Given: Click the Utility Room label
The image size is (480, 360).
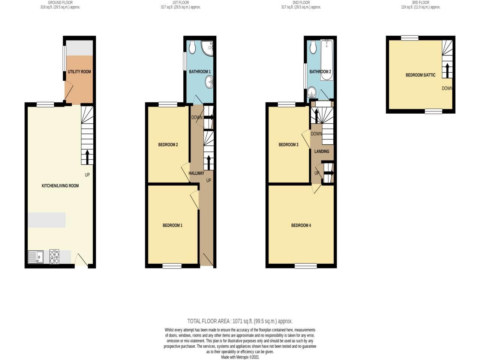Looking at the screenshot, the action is (x=79, y=72).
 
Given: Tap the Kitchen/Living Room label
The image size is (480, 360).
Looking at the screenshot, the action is (x=60, y=186).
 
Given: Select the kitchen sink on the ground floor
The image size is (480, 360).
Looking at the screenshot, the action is (x=36, y=257).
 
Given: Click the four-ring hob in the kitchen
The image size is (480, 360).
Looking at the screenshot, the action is (x=54, y=256).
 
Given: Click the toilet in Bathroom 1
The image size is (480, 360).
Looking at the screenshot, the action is (x=192, y=47).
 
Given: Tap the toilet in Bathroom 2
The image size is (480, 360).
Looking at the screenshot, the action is (x=313, y=47).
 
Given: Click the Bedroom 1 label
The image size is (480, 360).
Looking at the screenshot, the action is (x=172, y=225).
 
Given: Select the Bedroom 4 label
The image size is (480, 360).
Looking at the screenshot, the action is (x=301, y=225).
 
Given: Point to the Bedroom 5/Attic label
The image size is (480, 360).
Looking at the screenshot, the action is (x=420, y=75).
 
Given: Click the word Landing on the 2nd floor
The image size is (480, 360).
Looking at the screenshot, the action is (x=322, y=151).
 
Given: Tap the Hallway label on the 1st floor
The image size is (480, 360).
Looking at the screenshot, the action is (x=196, y=173).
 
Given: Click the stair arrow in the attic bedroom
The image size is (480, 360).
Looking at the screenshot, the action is (x=447, y=70).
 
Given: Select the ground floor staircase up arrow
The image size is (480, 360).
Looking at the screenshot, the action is (x=87, y=157).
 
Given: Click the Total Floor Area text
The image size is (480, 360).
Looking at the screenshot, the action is (x=240, y=321).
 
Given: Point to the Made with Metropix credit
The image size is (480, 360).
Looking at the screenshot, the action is (x=240, y=357).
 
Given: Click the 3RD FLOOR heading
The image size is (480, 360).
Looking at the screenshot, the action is (x=420, y=3).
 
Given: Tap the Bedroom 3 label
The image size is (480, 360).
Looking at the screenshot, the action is (x=288, y=145).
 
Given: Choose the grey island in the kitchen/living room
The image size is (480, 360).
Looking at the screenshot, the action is (x=46, y=220).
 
